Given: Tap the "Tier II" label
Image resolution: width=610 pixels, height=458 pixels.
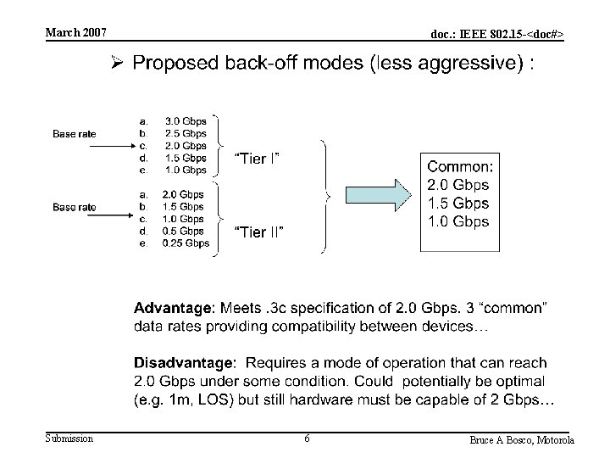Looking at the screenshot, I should pyautogui.click(x=258, y=232).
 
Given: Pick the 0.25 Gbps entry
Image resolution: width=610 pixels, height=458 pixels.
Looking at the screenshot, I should pyautogui.click(x=186, y=243).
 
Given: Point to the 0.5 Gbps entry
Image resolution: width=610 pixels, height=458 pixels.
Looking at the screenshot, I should pyautogui.click(x=184, y=231).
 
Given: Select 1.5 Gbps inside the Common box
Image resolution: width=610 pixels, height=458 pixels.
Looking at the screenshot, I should pyautogui.click(x=457, y=204).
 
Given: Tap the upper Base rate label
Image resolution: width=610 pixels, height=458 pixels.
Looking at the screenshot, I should pyautogui.click(x=75, y=134).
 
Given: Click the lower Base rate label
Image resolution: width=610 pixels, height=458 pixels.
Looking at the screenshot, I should pyautogui.click(x=75, y=207).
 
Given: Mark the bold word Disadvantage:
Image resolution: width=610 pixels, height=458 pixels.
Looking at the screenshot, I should pyautogui.click(x=187, y=363).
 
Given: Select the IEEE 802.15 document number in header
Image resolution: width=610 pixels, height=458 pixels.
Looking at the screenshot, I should pyautogui.click(x=496, y=34).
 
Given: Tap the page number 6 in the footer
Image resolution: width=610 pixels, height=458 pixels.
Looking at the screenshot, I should pyautogui.click(x=306, y=438).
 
